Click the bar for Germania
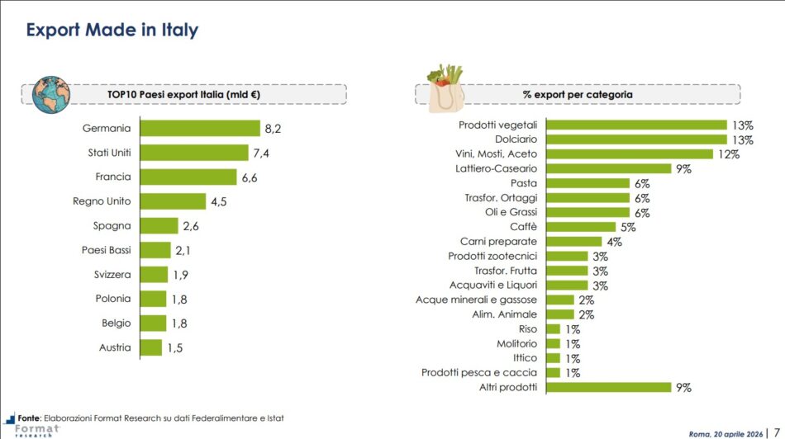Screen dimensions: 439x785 coord(200,128)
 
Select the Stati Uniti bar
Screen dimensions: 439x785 coord(194,153)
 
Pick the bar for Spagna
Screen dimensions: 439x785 coord(159,226)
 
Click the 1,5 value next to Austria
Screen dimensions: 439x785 coord(174,347)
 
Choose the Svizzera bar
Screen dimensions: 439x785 coord(154,275)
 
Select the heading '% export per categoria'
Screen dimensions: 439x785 coord(578,95)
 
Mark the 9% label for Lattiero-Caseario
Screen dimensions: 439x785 coord(683,168)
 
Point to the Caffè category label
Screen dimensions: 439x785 coord(523,227)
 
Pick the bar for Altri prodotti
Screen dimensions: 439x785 coord(608,387)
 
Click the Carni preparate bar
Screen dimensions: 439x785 coord(573,242)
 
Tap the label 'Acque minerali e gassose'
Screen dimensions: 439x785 coord(476,300)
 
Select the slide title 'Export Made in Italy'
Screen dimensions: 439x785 coord(112,31)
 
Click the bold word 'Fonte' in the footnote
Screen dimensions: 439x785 coord(30,418)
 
